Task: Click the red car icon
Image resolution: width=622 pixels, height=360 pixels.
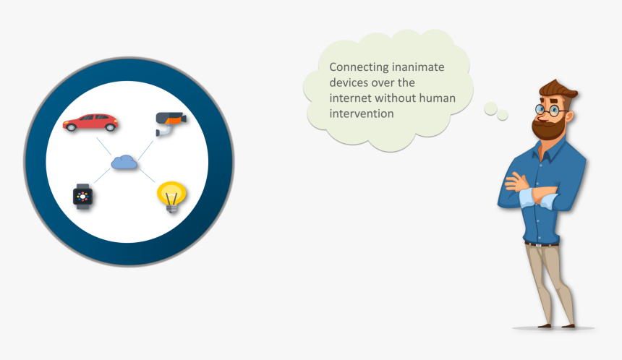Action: tap(90, 123)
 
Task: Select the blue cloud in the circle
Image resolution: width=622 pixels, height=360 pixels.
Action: tap(124, 163)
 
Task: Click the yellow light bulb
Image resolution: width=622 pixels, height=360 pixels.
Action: tap(171, 196)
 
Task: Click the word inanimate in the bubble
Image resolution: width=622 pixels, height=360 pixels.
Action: tap(419, 67)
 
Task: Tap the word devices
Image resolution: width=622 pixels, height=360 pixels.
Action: tap(350, 83)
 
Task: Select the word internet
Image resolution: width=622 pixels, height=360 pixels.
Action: tap(350, 98)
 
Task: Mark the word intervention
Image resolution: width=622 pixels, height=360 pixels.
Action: tap(362, 114)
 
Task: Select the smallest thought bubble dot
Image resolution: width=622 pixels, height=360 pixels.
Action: tap(503, 115)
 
